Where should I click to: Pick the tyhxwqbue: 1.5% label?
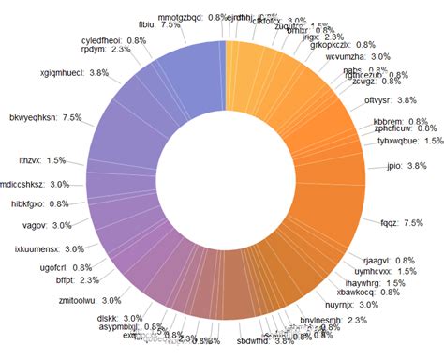click(410, 141)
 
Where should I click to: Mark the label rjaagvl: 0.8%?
click(368, 260)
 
